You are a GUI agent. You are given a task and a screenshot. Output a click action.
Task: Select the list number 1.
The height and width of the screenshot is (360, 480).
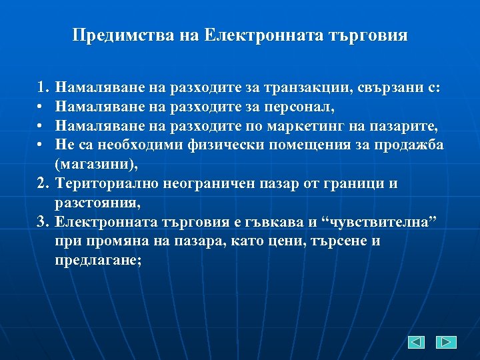(x=43, y=87)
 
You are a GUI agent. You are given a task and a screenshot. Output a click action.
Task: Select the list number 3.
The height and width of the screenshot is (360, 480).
(x=43, y=222)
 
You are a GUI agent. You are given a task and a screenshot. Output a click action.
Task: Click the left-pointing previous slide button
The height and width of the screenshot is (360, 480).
(x=416, y=342)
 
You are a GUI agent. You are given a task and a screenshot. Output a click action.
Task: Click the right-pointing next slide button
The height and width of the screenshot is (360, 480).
(x=446, y=342)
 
